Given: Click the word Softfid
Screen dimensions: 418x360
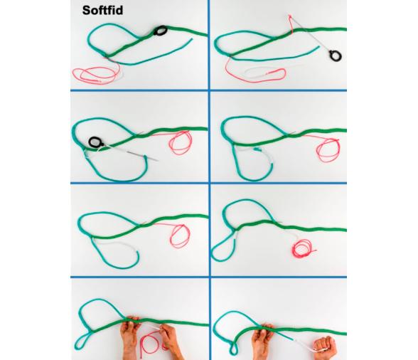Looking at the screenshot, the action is [102, 11].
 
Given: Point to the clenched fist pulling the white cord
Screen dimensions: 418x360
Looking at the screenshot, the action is [325, 347].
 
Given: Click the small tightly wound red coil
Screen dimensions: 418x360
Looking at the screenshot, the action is [303, 248].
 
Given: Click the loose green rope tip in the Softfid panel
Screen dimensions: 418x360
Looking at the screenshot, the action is [192, 39].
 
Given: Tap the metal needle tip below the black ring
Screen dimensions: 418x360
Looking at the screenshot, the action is [156, 160].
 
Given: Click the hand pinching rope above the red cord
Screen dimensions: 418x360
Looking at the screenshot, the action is [130, 337].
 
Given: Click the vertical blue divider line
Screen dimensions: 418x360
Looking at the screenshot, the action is [209, 180].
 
